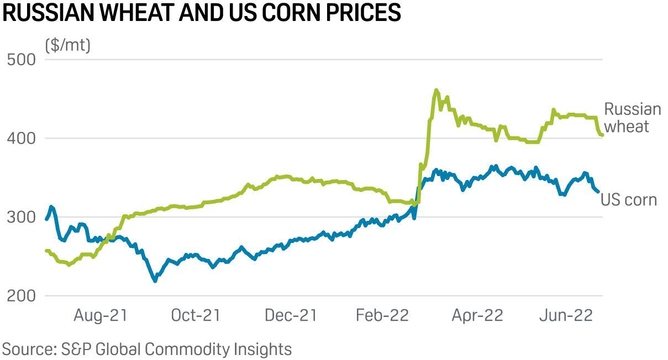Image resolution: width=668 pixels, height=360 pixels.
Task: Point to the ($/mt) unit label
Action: [x=67, y=45]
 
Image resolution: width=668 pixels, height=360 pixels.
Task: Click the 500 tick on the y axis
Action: [x=21, y=59]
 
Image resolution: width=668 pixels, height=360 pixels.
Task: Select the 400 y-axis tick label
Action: [x=21, y=138]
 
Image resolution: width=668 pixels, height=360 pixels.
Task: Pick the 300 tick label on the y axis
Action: [x=21, y=217]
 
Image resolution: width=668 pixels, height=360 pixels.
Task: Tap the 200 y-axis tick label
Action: [x=21, y=296]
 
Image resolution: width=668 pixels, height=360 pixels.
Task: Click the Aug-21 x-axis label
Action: [x=101, y=316]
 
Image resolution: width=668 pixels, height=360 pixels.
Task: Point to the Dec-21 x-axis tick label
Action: [x=290, y=316]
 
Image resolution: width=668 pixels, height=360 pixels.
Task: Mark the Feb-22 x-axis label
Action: [x=382, y=316]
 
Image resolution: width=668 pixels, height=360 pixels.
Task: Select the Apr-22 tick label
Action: [x=477, y=316]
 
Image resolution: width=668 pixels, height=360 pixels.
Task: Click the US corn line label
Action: [x=629, y=199]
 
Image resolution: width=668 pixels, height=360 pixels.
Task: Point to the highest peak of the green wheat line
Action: [x=436, y=90]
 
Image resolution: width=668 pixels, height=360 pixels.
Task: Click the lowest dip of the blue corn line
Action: [x=155, y=280]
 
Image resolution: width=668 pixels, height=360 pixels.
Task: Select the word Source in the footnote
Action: [x=27, y=349]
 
